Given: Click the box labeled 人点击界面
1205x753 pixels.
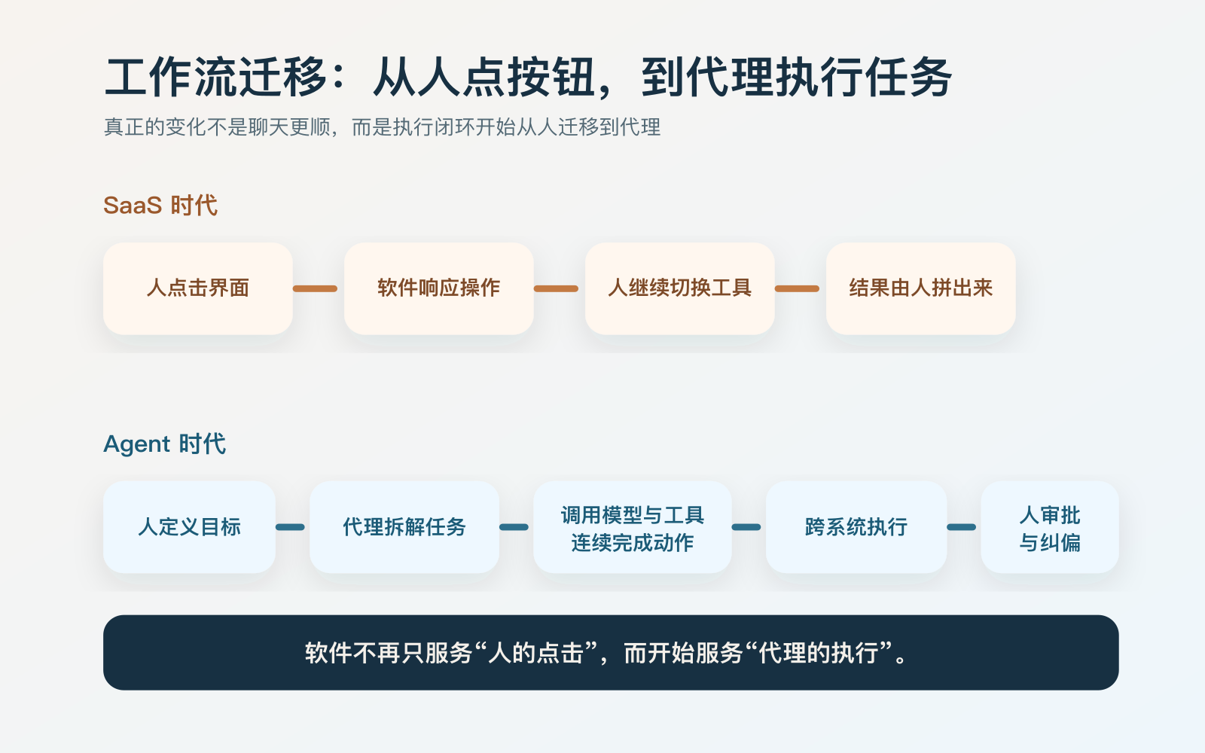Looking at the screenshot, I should coord(197,288).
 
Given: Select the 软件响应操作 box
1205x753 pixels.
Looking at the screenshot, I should coord(438,288).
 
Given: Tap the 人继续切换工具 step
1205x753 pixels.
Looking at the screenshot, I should coord(679,288).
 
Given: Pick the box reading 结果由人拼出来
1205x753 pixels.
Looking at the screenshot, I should coord(920,288).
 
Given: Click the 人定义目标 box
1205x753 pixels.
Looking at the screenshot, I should coord(189,527).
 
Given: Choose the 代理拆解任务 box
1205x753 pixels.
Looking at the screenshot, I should coord(404,527).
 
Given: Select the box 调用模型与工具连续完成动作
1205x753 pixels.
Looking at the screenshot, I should coord(632,527).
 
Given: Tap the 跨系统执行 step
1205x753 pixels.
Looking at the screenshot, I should coord(856,527).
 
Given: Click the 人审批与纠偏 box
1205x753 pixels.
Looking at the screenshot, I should coord(1049,527).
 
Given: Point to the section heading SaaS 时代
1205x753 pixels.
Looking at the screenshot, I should coord(160,206).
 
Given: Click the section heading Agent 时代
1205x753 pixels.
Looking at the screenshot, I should coord(164,444).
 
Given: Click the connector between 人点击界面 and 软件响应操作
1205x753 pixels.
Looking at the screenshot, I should coord(315,288).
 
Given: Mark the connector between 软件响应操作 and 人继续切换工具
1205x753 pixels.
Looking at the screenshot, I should coord(556,288).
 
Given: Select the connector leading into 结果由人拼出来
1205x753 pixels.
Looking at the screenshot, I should coord(797,288).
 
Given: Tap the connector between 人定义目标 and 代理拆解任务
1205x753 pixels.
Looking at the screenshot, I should coord(291,527).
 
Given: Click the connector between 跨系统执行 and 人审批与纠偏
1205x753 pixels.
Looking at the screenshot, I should coord(962,527).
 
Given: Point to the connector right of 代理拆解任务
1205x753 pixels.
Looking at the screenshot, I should coord(514,527).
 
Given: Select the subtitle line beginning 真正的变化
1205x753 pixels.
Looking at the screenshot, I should coord(382,127).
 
